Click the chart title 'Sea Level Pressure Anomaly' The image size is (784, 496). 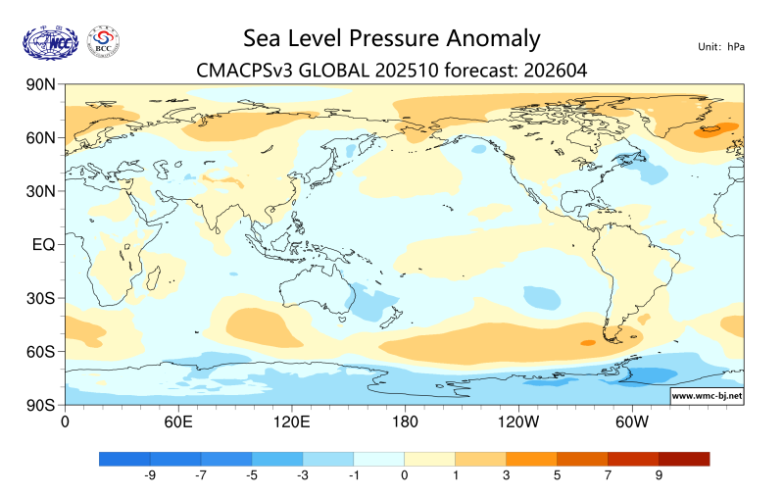[390, 38]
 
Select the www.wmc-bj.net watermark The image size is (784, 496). [706, 396]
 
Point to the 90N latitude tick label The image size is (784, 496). [39, 85]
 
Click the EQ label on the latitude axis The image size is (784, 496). [41, 244]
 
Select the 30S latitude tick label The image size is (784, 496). [39, 298]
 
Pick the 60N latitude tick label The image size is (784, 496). [39, 138]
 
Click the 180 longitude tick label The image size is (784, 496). [405, 422]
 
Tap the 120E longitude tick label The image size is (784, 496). [291, 422]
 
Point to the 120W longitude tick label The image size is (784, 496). [518, 422]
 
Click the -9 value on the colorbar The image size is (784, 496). [151, 475]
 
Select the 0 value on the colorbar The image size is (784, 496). [405, 475]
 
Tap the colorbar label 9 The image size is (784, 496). [659, 475]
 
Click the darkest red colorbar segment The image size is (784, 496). [684, 458]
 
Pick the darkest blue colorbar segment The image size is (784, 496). [124, 458]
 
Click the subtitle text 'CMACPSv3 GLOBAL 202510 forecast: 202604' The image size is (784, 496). [390, 70]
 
